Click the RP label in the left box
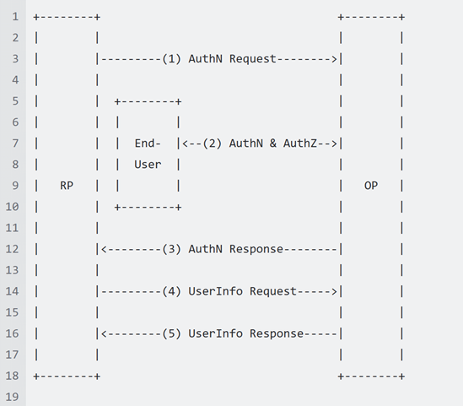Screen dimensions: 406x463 click(x=67, y=186)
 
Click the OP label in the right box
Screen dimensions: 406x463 click(x=371, y=186)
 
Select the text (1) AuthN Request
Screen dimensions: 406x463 click(x=219, y=59)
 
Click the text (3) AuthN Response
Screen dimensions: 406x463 click(x=223, y=249)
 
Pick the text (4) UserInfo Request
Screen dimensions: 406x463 click(x=229, y=291)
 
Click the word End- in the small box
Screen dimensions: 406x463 click(x=148, y=143)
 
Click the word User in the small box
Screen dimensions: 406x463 click(x=148, y=165)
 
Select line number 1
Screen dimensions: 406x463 click(x=14, y=17)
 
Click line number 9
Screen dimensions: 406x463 click(x=14, y=186)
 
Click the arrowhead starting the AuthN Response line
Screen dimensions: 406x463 click(x=102, y=249)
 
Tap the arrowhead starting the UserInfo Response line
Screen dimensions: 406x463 click(x=102, y=333)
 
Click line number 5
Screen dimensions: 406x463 click(x=14, y=101)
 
